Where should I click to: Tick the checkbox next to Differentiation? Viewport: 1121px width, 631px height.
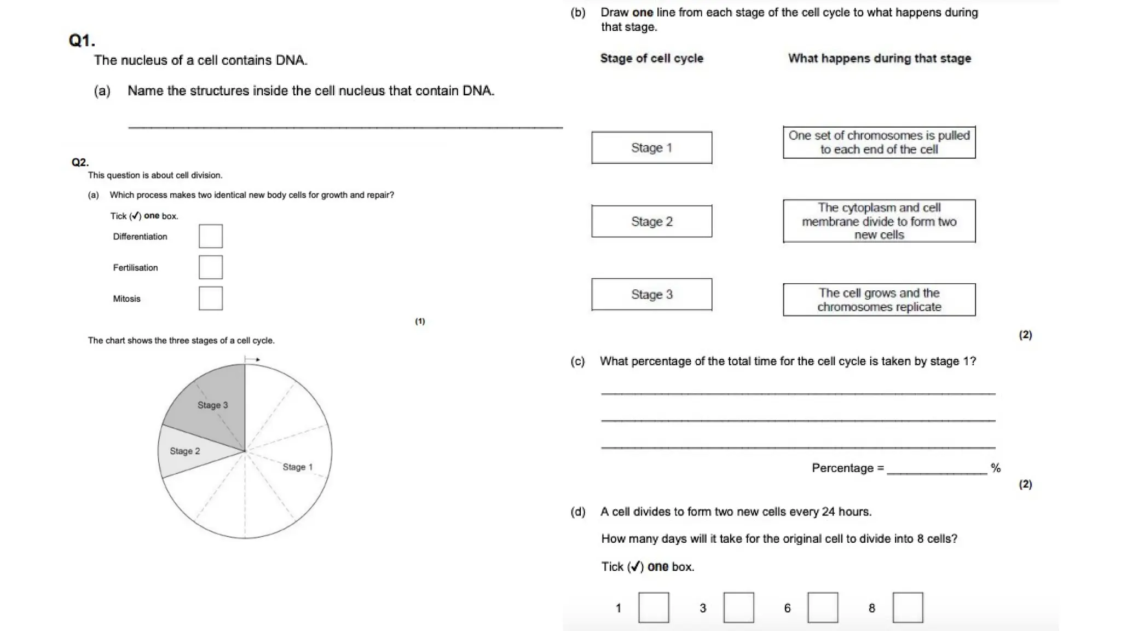point(211,236)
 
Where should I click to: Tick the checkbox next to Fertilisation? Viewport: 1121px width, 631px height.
point(211,267)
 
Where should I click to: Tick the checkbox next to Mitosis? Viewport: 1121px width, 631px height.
point(211,299)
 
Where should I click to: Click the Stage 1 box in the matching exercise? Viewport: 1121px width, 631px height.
point(651,148)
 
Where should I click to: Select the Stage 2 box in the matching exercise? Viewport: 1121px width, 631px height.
point(651,221)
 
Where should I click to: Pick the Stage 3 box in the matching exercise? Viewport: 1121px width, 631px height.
point(651,295)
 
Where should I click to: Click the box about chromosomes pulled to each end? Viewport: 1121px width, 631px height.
point(879,142)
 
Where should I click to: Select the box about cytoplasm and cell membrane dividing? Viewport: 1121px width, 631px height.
point(879,221)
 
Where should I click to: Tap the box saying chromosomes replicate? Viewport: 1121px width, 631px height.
point(879,300)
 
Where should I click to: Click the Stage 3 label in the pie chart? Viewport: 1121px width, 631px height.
point(212,405)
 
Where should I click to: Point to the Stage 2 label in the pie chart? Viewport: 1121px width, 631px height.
point(185,451)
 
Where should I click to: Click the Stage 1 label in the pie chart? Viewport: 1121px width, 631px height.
point(297,467)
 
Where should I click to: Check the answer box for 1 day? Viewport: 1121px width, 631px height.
point(654,607)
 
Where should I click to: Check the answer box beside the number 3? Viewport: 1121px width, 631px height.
point(738,607)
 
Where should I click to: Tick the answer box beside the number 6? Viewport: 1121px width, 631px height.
point(823,607)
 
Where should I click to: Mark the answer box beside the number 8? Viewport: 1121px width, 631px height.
point(908,607)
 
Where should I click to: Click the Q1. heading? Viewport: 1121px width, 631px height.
point(82,41)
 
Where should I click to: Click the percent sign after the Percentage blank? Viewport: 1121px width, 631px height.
point(996,468)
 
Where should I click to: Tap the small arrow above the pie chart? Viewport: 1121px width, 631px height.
point(253,360)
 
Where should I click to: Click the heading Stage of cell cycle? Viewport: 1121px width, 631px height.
point(651,59)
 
